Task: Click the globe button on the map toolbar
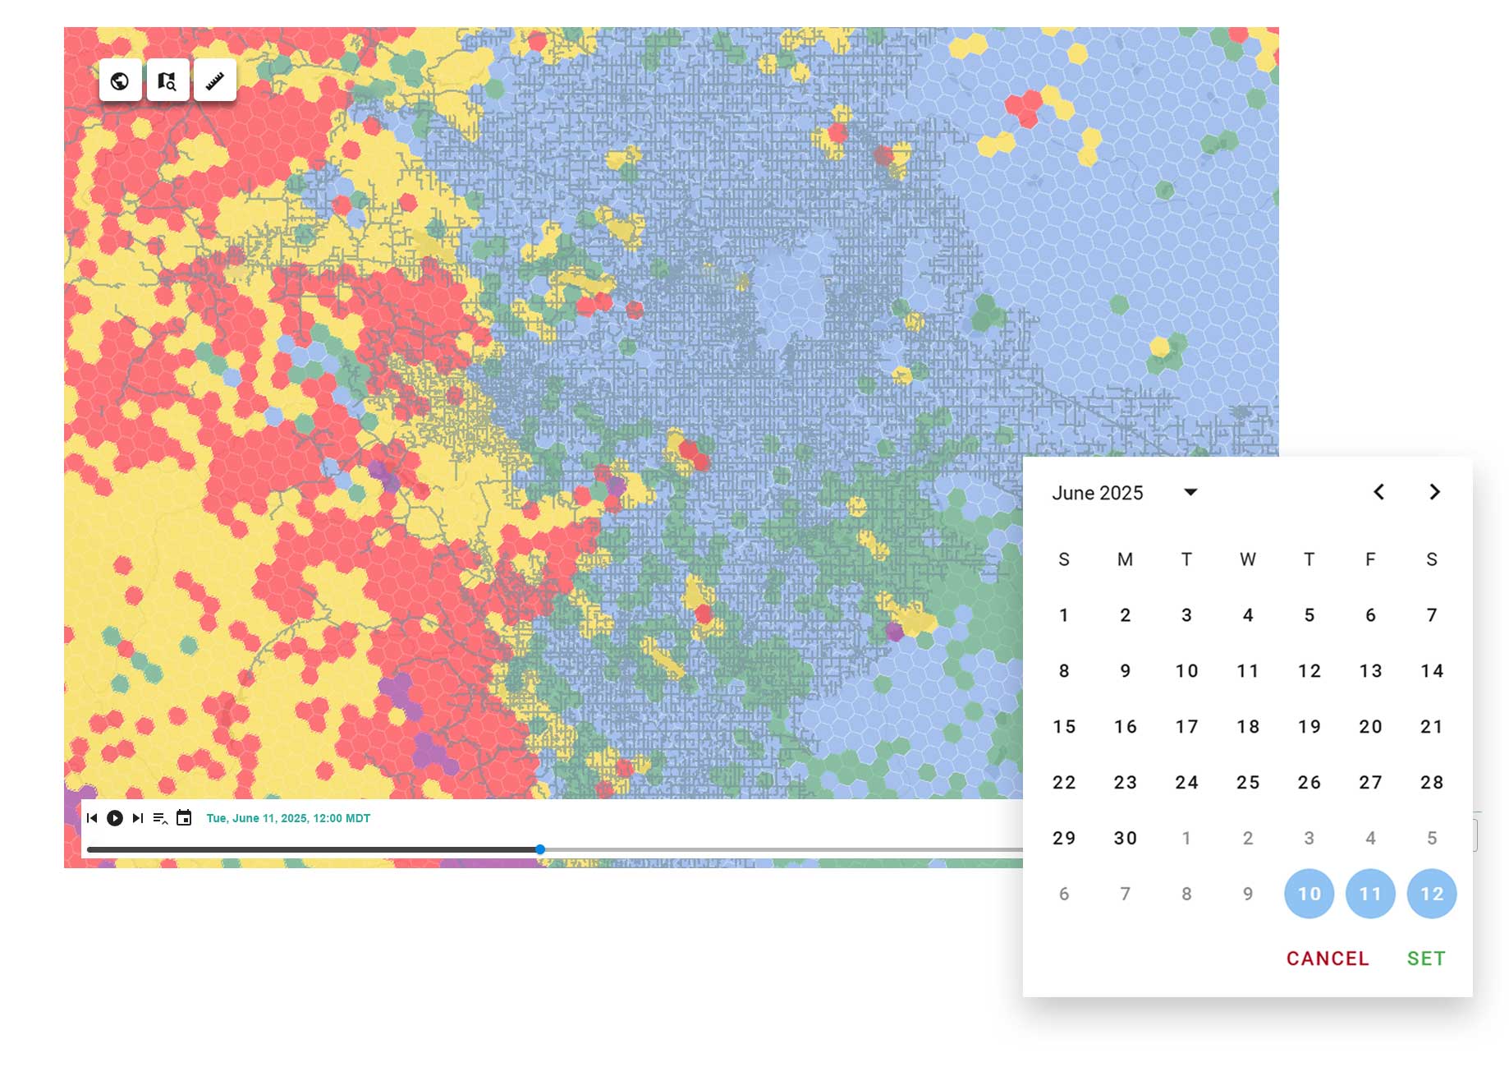tap(120, 81)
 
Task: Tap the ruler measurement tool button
tap(215, 81)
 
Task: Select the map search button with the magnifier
tap(167, 81)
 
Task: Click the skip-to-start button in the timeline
tap(92, 818)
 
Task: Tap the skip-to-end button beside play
tap(138, 818)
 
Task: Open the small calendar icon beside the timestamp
tap(184, 818)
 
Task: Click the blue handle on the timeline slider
tap(540, 849)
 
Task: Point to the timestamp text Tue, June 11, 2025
tap(288, 818)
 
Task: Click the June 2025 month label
tap(1098, 493)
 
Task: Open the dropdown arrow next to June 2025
tap(1190, 492)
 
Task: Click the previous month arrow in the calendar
tap(1379, 492)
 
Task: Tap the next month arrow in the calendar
tap(1434, 492)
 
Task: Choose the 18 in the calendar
tap(1248, 727)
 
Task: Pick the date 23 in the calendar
tap(1125, 783)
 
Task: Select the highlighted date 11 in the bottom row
tap(1370, 894)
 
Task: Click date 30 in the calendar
tap(1125, 839)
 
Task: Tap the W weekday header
tap(1248, 560)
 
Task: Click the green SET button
tap(1426, 959)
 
